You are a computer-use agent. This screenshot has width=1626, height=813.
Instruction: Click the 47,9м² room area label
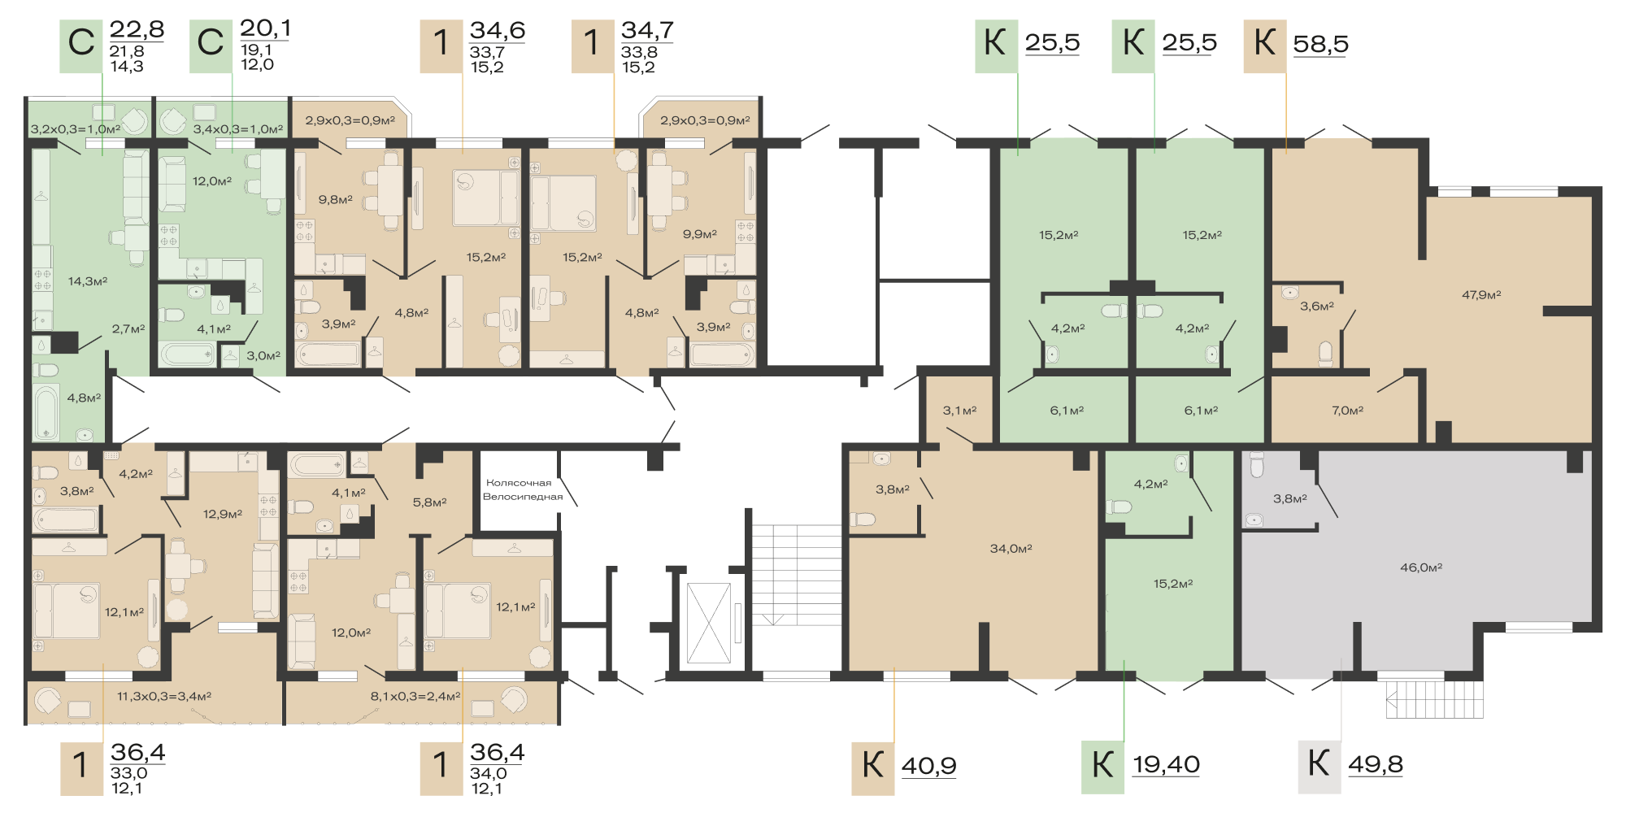(x=1481, y=295)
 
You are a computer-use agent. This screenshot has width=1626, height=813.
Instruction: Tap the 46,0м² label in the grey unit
(x=1421, y=567)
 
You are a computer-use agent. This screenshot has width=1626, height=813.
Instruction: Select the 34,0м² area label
(x=1011, y=549)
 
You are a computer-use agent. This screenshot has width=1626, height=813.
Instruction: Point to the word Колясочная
(x=519, y=483)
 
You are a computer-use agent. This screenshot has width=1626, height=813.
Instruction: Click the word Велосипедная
(x=523, y=497)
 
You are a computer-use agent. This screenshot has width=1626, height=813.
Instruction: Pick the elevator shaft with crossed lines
(x=709, y=624)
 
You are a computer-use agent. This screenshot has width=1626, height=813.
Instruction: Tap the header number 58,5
(x=1320, y=43)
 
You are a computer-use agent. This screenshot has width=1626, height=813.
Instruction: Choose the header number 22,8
(x=137, y=29)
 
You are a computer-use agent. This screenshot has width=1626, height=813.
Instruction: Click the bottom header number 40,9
(x=928, y=766)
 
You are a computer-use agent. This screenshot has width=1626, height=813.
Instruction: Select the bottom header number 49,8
(x=1376, y=764)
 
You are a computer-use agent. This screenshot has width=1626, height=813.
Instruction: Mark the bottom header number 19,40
(x=1166, y=764)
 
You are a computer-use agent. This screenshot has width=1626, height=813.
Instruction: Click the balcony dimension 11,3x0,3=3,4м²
(x=164, y=697)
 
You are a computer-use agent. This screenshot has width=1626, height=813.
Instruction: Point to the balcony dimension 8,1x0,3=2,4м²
(x=415, y=697)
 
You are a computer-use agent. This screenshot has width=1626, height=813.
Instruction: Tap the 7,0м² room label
(x=1347, y=411)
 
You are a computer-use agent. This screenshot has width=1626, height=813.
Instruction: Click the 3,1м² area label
(x=959, y=411)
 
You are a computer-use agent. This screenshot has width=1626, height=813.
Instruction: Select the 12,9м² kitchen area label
(x=223, y=515)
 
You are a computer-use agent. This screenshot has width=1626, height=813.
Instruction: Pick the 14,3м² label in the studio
(x=88, y=281)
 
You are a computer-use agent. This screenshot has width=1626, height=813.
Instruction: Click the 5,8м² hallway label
(x=429, y=502)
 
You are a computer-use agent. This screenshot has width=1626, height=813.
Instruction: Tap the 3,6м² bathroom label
(x=1316, y=307)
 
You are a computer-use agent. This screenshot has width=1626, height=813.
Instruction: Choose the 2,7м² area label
(x=128, y=329)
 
